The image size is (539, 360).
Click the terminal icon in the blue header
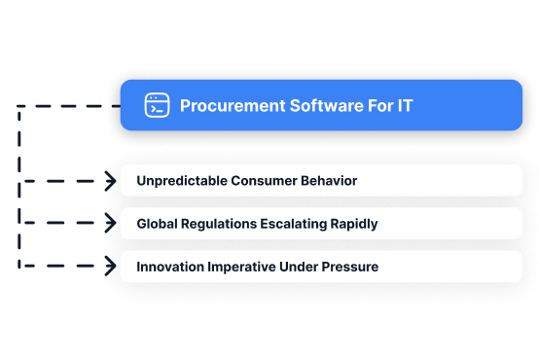(x=157, y=105)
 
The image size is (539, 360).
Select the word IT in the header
(x=404, y=105)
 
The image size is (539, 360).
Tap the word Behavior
(x=328, y=181)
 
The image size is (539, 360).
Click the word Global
(x=159, y=224)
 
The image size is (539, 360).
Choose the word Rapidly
(x=355, y=224)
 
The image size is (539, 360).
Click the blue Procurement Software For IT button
(x=321, y=105)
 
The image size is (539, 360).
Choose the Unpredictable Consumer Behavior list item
(x=321, y=181)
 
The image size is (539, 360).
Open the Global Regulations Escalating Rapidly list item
(x=321, y=224)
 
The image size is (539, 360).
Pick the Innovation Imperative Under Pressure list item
(x=321, y=267)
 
